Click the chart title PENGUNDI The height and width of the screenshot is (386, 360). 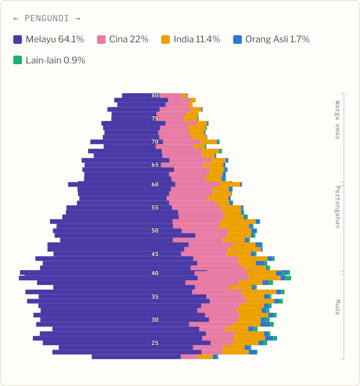(x=47, y=18)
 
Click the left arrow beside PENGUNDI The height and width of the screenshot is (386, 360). (x=16, y=19)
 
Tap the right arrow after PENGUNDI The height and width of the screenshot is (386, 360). (x=78, y=19)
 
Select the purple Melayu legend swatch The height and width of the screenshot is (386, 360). (x=18, y=40)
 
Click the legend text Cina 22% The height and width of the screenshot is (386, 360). (x=129, y=39)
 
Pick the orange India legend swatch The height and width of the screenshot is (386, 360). (x=166, y=40)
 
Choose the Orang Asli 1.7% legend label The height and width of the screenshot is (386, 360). (x=277, y=39)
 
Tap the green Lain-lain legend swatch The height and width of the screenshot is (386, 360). (x=18, y=60)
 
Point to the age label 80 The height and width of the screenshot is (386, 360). (x=155, y=96)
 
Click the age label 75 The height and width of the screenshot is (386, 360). (x=155, y=119)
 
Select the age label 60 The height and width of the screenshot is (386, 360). (x=155, y=184)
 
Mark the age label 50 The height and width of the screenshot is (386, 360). (x=155, y=231)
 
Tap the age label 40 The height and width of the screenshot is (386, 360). (x=155, y=273)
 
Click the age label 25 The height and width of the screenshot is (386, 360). (x=155, y=343)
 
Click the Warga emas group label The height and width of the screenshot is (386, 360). (x=338, y=120)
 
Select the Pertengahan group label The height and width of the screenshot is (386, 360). (x=338, y=207)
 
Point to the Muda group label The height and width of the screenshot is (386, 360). (x=338, y=307)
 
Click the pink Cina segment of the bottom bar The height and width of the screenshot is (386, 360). (x=189, y=357)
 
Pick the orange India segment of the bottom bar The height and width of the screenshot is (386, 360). (x=205, y=357)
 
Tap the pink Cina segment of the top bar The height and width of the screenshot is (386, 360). (x=171, y=96)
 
